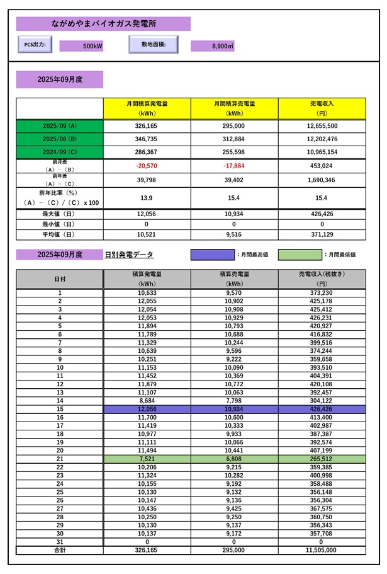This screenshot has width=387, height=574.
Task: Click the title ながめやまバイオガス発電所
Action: click(x=104, y=24)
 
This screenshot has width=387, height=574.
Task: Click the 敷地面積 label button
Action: click(x=153, y=45)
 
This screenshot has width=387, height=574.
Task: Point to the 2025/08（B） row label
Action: click(x=60, y=139)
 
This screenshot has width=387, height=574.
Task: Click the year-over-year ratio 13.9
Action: click(x=147, y=198)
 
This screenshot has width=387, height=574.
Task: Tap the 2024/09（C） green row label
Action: click(x=60, y=152)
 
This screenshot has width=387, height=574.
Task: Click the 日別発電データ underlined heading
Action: click(x=129, y=255)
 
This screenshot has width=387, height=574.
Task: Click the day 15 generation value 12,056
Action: click(x=147, y=410)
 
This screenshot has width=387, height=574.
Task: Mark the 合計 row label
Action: click(x=60, y=549)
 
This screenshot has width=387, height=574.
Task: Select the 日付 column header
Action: click(x=60, y=279)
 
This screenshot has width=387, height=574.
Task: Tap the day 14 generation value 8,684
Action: click(x=147, y=401)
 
